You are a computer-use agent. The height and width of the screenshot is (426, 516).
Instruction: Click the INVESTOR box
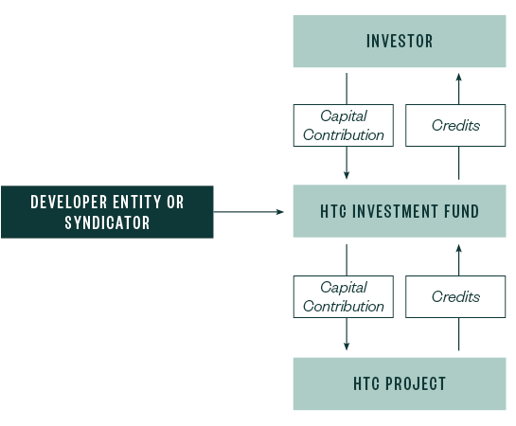pyautogui.click(x=400, y=42)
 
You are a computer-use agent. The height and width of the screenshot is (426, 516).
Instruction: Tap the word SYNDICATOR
pyautogui.click(x=107, y=222)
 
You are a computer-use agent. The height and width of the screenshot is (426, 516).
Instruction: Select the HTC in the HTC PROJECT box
pyautogui.click(x=368, y=383)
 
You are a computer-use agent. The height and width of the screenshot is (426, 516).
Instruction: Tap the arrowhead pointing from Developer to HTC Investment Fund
pyautogui.click(x=280, y=211)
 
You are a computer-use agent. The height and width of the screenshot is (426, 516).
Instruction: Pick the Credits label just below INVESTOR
pyautogui.click(x=455, y=125)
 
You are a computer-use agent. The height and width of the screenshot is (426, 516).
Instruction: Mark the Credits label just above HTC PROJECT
pyautogui.click(x=455, y=296)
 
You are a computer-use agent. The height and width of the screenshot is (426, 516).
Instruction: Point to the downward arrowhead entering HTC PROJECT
pyautogui.click(x=347, y=346)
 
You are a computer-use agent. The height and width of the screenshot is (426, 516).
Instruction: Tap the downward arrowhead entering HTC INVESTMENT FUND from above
pyautogui.click(x=347, y=175)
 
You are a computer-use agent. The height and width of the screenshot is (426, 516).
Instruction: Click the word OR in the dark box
pyautogui.click(x=175, y=202)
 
